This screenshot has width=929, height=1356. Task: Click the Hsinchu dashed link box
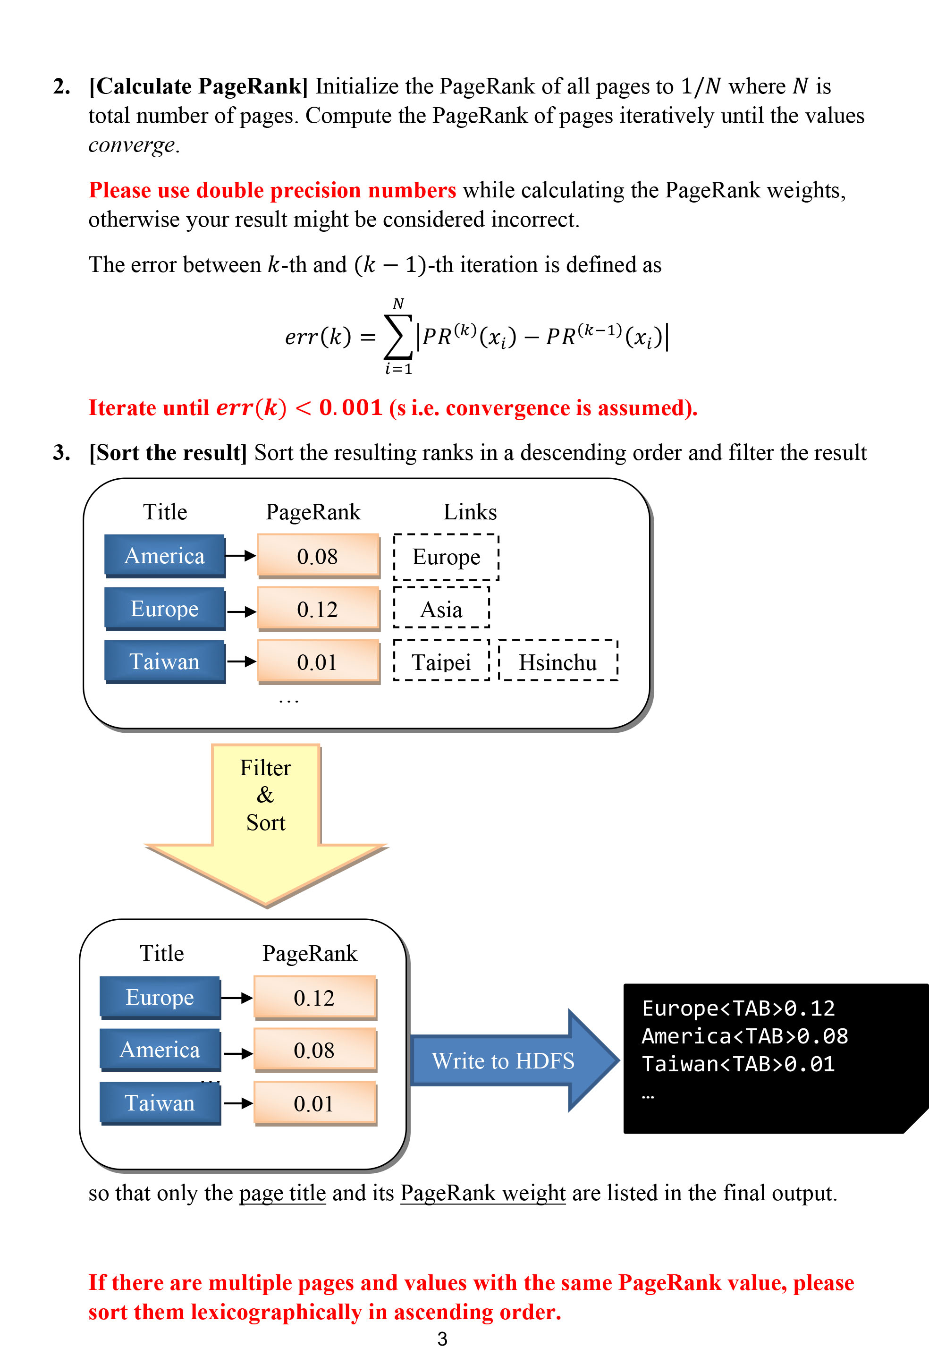click(x=558, y=661)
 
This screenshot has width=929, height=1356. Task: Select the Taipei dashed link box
click(x=441, y=661)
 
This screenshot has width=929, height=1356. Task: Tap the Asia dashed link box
click(x=441, y=609)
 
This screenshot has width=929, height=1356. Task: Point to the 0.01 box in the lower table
click(x=314, y=1103)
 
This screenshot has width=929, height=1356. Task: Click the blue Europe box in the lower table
click(x=160, y=997)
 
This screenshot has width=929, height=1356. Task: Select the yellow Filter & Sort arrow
click(x=266, y=817)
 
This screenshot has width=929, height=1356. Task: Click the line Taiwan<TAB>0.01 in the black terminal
click(x=738, y=1064)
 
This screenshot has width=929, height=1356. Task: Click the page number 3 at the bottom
click(x=442, y=1339)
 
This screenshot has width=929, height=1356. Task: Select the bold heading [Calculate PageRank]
click(x=198, y=86)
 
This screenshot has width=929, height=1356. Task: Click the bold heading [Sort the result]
click(x=168, y=452)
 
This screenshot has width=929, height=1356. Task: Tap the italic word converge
click(x=132, y=144)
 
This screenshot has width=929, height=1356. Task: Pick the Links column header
click(x=470, y=512)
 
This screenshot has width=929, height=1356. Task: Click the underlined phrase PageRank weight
click(x=482, y=1193)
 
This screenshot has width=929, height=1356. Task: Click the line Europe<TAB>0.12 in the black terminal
click(x=738, y=1008)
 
